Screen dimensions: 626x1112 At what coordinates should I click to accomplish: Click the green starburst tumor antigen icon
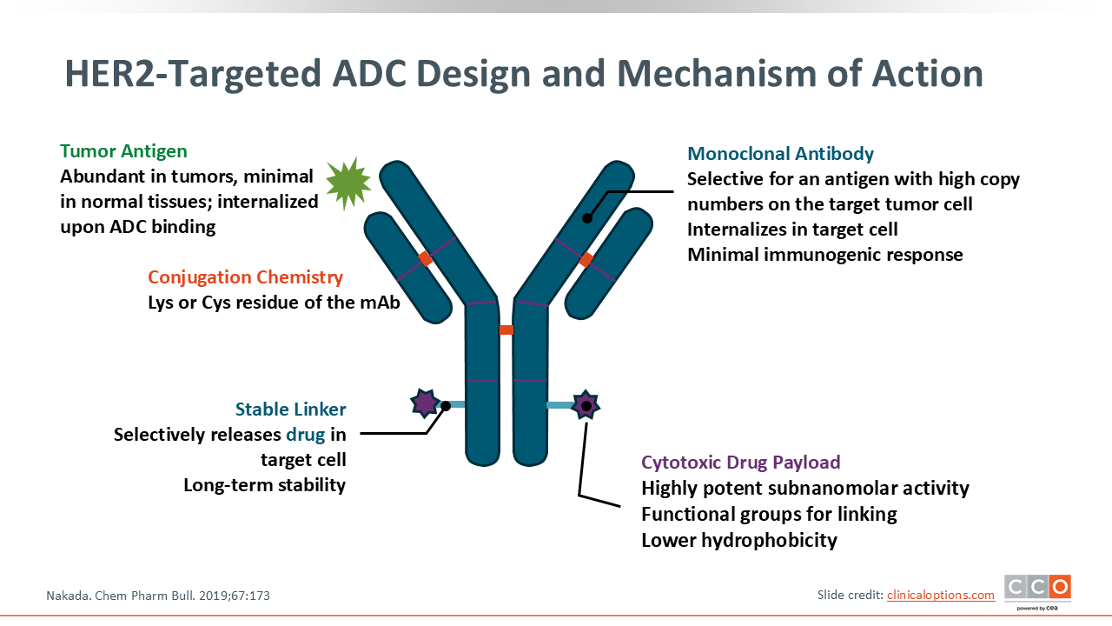(x=347, y=183)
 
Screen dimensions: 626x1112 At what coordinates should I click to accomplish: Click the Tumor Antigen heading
(x=123, y=151)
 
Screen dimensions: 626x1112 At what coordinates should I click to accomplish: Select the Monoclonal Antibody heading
(x=780, y=154)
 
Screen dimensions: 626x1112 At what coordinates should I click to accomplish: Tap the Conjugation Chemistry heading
(x=245, y=277)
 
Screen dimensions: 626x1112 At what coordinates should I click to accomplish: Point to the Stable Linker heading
(x=290, y=410)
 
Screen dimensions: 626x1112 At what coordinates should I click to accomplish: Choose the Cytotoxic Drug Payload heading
(x=740, y=463)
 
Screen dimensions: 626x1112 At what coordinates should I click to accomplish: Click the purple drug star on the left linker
(x=425, y=403)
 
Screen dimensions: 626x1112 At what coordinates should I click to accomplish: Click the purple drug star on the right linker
(x=587, y=405)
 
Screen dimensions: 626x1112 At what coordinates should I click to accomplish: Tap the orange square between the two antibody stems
(x=506, y=330)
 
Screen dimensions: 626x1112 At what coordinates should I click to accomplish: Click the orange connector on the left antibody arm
(x=425, y=258)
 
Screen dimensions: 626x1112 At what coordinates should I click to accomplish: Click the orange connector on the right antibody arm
(x=586, y=258)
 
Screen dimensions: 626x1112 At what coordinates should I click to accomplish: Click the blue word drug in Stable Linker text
(x=305, y=435)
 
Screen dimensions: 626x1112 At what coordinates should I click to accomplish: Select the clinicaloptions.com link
(x=940, y=595)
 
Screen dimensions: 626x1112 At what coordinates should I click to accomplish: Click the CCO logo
(x=1037, y=589)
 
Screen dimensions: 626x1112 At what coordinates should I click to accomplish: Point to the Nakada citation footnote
(x=163, y=596)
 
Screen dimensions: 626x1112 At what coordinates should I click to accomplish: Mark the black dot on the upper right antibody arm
(x=587, y=218)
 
